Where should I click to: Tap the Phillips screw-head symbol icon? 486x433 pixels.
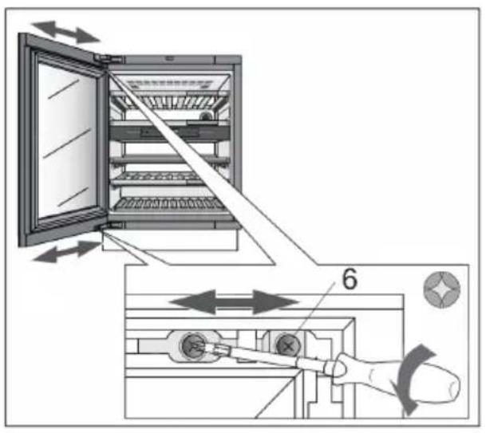(x=441, y=289)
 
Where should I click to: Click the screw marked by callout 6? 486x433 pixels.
(x=288, y=345)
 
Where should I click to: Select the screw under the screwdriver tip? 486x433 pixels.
(x=194, y=345)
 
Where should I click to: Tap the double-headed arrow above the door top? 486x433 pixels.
(x=65, y=32)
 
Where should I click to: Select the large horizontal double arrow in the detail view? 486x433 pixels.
(x=235, y=302)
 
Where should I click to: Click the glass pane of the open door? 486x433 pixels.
(x=67, y=141)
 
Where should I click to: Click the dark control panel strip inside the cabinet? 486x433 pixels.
(x=170, y=132)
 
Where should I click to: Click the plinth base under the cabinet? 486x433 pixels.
(x=170, y=240)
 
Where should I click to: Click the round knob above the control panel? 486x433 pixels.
(x=205, y=116)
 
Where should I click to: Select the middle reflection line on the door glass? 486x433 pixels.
(x=67, y=143)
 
